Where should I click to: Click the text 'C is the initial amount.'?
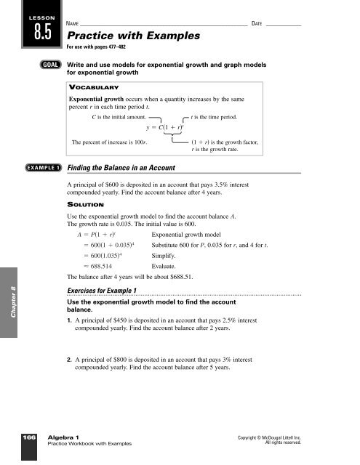[119, 116]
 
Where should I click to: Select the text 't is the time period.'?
[221, 116]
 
